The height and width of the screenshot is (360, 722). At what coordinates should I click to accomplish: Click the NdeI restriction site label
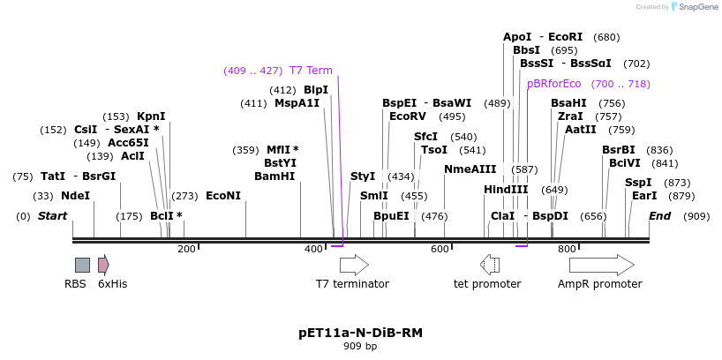click(x=75, y=196)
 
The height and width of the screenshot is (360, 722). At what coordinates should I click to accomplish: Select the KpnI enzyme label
click(x=151, y=116)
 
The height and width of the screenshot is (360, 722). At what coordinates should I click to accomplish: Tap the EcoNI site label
click(x=222, y=196)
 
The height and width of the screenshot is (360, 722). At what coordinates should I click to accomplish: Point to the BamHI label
click(x=275, y=176)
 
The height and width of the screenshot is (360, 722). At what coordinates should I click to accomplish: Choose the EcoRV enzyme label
click(x=408, y=116)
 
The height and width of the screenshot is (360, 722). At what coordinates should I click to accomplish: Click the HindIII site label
click(x=506, y=190)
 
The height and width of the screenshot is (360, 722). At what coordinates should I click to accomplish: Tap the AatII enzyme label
click(x=581, y=130)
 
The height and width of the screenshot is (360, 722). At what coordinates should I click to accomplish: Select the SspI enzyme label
click(x=638, y=183)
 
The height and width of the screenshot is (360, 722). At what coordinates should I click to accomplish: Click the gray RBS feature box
click(x=82, y=265)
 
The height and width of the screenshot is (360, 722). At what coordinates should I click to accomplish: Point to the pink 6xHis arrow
click(x=103, y=265)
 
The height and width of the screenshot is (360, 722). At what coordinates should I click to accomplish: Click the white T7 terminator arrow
click(x=354, y=265)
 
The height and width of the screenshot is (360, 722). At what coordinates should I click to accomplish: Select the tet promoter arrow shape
click(x=490, y=265)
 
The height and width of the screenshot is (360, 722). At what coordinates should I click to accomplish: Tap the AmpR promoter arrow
click(x=601, y=265)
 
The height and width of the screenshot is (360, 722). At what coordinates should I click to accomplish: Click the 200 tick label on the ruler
click(x=186, y=250)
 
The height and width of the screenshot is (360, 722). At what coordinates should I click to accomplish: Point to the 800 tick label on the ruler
click(x=567, y=250)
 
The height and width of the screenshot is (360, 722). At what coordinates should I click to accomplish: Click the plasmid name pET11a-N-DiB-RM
click(x=360, y=333)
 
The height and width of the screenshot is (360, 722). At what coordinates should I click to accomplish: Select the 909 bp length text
click(x=360, y=347)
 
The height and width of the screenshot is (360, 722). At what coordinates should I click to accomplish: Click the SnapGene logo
click(x=695, y=7)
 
